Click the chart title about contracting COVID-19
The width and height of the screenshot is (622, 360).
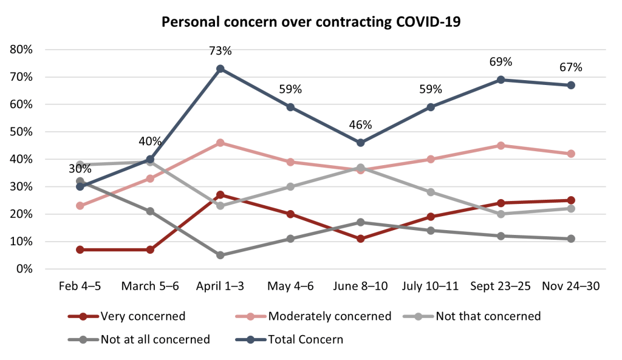click(x=310, y=23)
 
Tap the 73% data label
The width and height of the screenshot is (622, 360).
click(x=220, y=50)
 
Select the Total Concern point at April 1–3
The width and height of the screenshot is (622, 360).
click(x=220, y=69)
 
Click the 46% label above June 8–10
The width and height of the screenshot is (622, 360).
click(x=360, y=125)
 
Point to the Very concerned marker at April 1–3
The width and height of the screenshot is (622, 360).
click(x=220, y=195)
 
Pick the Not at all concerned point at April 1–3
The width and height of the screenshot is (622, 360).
click(x=220, y=255)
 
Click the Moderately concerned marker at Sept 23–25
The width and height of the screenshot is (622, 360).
click(x=501, y=145)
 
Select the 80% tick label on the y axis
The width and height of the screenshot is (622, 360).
click(x=21, y=49)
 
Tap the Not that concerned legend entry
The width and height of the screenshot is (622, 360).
click(x=480, y=316)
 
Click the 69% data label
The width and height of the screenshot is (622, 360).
click(x=501, y=62)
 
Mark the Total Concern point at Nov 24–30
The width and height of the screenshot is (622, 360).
click(x=571, y=85)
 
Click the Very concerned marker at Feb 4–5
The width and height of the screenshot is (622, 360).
click(x=80, y=250)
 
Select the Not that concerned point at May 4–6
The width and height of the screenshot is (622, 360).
click(x=290, y=186)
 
